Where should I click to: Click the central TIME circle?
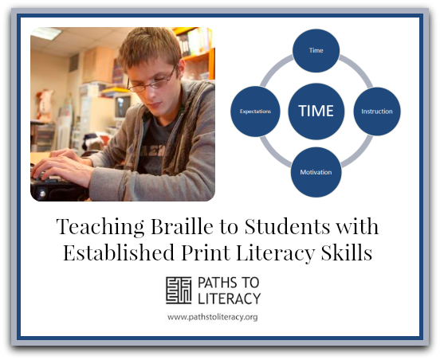coord(316,111)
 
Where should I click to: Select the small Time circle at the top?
coord(316,50)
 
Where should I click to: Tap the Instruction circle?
coord(377,112)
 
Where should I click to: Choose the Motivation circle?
coord(316,172)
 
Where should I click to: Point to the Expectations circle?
coord(255,112)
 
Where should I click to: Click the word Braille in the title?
coord(182,226)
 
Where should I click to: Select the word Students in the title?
coord(287,226)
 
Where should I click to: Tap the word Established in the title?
coord(119,252)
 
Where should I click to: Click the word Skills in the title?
coord(347,252)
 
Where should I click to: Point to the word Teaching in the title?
coord(100,226)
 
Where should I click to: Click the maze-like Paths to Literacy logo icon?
coord(179,291)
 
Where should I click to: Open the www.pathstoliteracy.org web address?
coord(212,317)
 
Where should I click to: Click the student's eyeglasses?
coord(151,81)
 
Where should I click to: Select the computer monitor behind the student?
coord(123,107)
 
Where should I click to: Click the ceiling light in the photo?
coord(46,33)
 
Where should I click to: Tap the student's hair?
coord(150,47)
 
